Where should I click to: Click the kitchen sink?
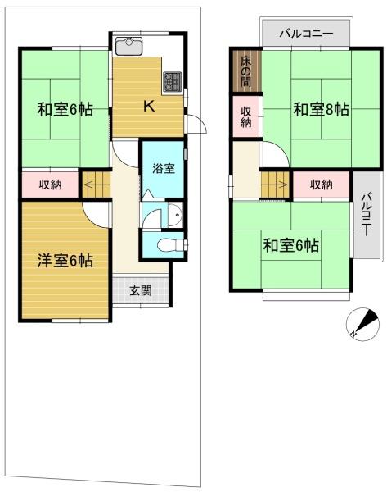(x=128, y=46)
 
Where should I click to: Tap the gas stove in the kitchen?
(x=172, y=81)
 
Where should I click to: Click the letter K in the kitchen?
(x=149, y=106)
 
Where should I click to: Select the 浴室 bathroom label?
(x=164, y=168)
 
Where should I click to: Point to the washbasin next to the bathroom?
(x=175, y=215)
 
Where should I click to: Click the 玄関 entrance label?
(x=142, y=290)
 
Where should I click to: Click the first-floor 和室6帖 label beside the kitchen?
(x=65, y=110)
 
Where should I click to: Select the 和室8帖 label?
(x=321, y=110)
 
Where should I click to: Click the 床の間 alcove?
(x=246, y=71)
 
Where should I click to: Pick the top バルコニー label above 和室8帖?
(x=306, y=34)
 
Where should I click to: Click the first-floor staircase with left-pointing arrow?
(x=96, y=184)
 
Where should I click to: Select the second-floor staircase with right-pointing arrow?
(x=275, y=184)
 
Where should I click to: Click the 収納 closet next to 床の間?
(x=246, y=116)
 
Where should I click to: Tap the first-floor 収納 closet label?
(x=50, y=184)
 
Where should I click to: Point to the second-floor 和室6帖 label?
(x=291, y=245)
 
